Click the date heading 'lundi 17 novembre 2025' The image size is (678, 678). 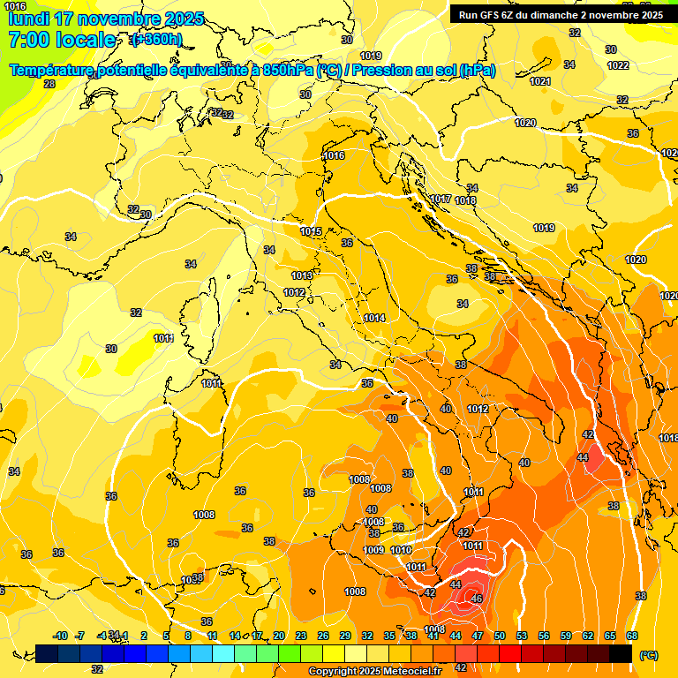(x=106, y=19)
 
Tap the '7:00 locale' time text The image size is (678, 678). (x=62, y=40)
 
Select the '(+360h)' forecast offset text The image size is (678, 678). (x=158, y=40)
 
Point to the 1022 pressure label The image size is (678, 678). (x=618, y=65)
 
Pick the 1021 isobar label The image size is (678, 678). (x=540, y=81)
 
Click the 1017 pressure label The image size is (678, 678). (x=441, y=199)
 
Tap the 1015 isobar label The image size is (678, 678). (x=310, y=231)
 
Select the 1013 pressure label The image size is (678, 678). (x=302, y=275)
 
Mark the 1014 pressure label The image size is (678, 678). (x=374, y=318)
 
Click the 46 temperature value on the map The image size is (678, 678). (x=477, y=599)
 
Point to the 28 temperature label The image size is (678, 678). (x=49, y=84)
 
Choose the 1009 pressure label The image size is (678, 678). (x=373, y=550)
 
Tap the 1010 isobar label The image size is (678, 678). (x=401, y=550)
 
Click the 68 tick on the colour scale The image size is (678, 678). (x=632, y=636)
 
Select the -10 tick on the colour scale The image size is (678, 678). (x=61, y=636)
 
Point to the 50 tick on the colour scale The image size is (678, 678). (x=500, y=636)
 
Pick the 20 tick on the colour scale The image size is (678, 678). (x=279, y=636)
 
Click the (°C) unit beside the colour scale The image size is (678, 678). (x=649, y=655)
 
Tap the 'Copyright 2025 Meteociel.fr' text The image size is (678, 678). (x=373, y=671)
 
